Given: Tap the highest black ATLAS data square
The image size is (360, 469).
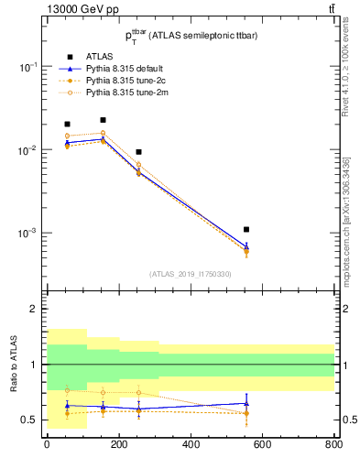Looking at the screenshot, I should tap(103, 120).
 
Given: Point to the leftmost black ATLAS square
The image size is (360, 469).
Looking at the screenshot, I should tap(67, 124).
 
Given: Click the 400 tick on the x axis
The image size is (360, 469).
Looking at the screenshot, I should tap(190, 445).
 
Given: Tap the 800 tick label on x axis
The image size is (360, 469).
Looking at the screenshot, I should tap(333, 445).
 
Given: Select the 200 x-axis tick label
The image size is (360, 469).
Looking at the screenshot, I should tap(118, 445).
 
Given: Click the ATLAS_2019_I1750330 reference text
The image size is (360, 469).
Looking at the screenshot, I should tap(189, 274).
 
